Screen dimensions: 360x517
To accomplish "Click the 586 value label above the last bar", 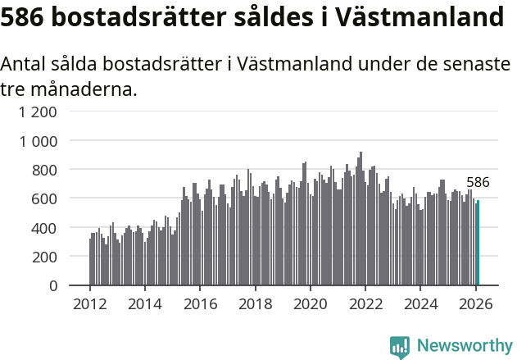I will click(x=478, y=183).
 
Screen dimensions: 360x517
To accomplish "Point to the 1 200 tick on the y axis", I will click(x=39, y=112).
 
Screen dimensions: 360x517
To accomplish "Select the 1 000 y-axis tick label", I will click(x=39, y=141).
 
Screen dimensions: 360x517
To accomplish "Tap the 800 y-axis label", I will click(x=45, y=170).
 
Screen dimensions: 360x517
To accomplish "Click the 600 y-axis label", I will click(x=45, y=198).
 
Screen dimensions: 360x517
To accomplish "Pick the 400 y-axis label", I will click(x=45, y=227).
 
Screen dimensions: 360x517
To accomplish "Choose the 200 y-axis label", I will click(x=45, y=257).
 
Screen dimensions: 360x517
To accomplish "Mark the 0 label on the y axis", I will click(x=53, y=285).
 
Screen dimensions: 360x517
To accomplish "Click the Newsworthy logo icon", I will click(x=400, y=347).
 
